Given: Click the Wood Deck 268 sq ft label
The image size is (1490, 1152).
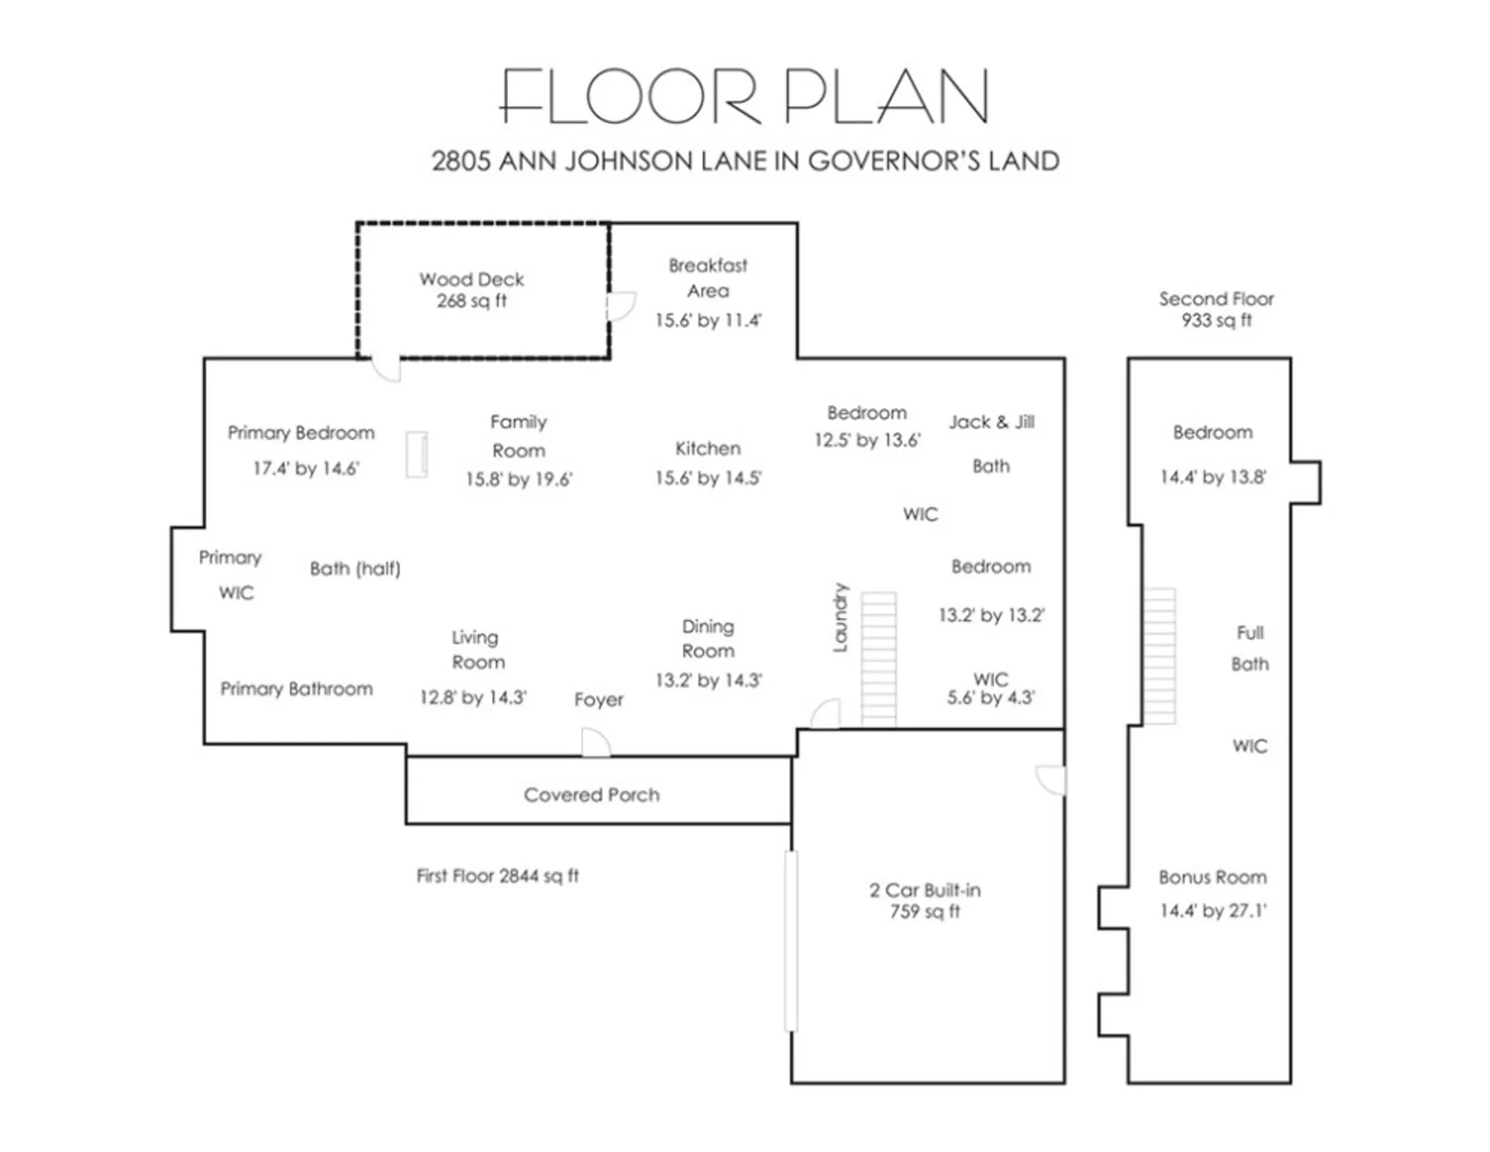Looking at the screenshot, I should coord(471,290).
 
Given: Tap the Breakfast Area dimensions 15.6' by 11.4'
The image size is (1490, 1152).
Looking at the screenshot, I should coord(708,320).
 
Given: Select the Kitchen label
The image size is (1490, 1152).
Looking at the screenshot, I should coord(708,449).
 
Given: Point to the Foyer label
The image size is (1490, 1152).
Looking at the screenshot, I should coord(599,700).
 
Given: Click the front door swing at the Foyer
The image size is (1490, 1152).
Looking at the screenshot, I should coord(596,743).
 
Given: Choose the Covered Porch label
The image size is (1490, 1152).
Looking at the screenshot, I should coord(592,795).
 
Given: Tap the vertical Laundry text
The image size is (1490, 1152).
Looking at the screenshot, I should coord(841,617).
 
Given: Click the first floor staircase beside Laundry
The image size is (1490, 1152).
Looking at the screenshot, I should coord(878,658).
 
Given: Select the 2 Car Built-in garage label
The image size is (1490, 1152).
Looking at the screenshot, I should coord(924,901).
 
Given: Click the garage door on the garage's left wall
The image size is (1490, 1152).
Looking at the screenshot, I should coord(791,940).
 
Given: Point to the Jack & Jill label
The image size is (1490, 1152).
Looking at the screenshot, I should coord(991,422).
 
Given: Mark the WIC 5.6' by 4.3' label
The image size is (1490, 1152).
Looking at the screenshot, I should coord(991,689).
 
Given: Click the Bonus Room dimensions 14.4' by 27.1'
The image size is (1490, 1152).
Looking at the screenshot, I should coord(1213,911).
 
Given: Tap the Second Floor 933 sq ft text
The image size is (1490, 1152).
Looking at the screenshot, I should coord(1216,310).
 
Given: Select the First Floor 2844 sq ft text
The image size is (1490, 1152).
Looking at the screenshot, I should coord(497,876).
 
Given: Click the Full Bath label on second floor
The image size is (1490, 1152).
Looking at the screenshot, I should coord(1249,648).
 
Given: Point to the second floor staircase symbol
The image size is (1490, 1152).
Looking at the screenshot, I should coord(1159,656).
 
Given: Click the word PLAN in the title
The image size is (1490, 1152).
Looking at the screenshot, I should coord(885,97).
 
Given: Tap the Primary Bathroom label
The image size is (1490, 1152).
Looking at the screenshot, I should coord(297,689).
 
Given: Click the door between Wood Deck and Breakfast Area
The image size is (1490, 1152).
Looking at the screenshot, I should coord(619,306).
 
